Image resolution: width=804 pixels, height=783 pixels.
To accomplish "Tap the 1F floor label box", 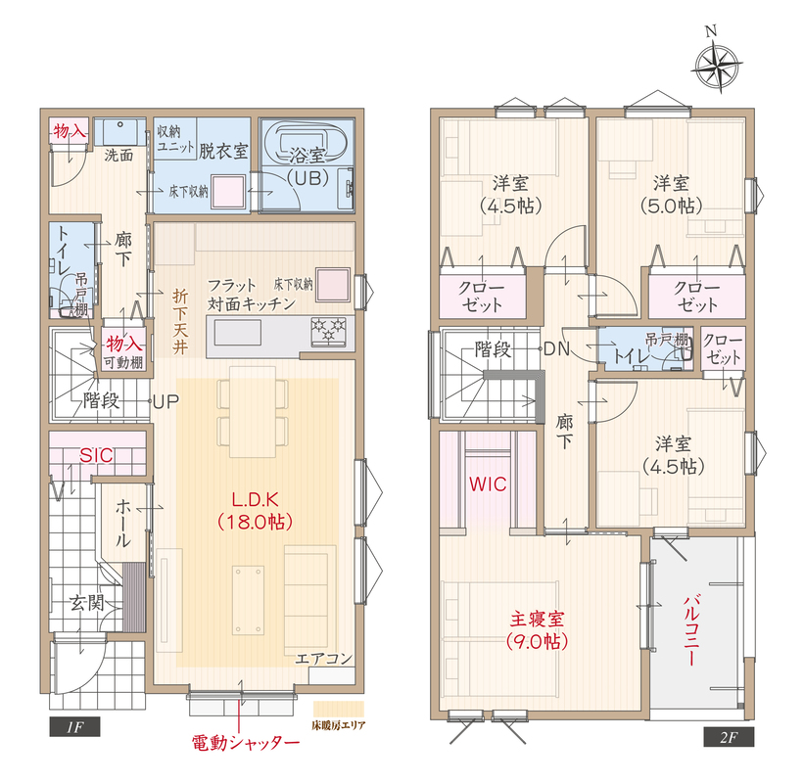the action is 74,726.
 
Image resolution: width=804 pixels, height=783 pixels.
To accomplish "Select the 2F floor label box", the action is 729,737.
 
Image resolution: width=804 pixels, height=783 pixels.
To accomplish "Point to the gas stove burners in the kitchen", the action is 329,331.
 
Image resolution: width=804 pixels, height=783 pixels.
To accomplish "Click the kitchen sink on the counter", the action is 237,332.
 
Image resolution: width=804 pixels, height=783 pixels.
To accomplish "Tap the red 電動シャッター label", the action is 246,743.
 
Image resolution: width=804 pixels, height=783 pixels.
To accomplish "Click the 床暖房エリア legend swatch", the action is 339,710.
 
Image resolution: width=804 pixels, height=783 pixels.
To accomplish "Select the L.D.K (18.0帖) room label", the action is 255,510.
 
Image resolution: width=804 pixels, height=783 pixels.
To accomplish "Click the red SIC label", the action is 96,455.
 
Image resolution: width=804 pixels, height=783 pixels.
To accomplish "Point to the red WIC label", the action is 488,484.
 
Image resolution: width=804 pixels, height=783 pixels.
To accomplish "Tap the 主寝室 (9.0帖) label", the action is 537,629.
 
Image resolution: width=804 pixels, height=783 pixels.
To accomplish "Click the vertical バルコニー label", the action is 691,629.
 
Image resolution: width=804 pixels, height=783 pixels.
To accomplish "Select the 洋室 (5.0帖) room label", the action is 671,194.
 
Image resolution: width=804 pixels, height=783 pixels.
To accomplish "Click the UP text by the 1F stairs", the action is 166,401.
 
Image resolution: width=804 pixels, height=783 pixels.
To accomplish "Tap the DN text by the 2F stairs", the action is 557,349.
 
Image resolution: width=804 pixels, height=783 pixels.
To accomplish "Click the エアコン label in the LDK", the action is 324,658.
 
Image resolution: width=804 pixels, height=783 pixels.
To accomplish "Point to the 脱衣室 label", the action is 223,151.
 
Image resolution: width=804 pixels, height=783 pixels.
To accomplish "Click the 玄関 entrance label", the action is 86,603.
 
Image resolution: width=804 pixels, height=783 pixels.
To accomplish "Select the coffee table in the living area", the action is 249,600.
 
